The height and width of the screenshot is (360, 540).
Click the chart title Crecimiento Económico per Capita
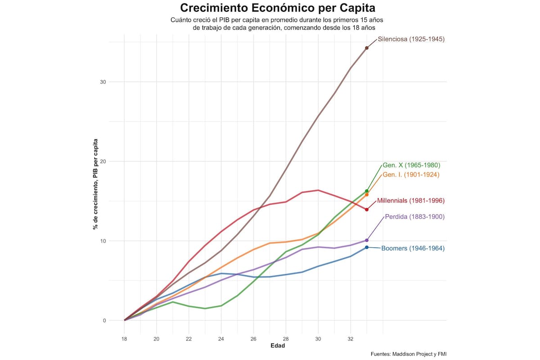(277, 8)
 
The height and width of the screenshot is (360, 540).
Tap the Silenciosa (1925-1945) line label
(411, 39)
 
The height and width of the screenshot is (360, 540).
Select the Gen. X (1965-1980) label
(411, 165)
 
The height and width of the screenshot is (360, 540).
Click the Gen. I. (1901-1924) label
(410, 175)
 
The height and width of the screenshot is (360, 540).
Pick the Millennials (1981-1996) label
(410, 201)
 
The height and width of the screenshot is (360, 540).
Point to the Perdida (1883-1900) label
(414, 217)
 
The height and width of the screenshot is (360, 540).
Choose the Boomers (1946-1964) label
(413, 248)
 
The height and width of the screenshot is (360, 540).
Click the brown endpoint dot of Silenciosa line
(367, 48)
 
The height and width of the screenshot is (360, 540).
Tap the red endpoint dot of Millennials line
(367, 210)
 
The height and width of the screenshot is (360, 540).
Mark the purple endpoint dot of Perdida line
(367, 240)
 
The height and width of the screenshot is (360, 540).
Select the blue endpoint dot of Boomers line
(367, 247)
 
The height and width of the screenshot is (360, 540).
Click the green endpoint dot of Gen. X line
(367, 191)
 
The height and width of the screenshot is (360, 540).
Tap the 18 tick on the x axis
(124, 338)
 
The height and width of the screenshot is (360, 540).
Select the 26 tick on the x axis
(253, 338)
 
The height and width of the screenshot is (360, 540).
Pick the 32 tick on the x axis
(351, 338)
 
